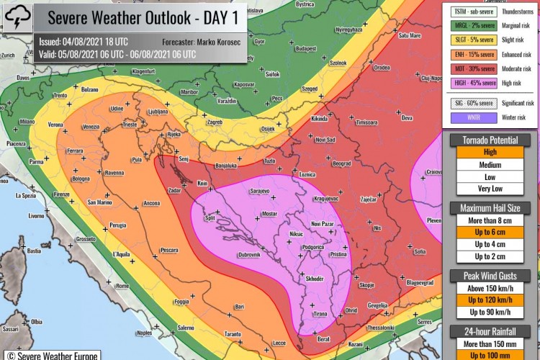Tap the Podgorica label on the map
[312, 246]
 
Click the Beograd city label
[342, 163]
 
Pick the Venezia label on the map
[91, 127]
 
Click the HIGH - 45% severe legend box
[472, 83]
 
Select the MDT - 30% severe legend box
[472, 68]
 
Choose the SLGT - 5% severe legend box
[472, 40]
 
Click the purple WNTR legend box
[472, 118]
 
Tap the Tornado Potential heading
[490, 140]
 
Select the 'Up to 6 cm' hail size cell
[490, 232]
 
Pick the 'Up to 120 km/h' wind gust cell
[490, 300]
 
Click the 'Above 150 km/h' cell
[490, 288]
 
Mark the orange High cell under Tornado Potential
[490, 152]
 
